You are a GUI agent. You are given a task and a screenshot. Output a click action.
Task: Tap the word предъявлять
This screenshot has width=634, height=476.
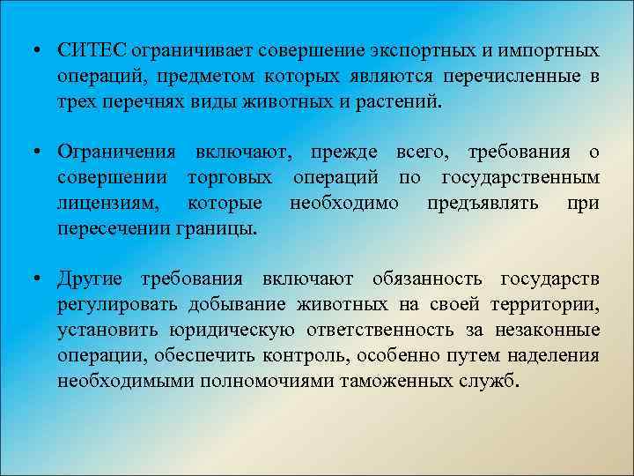pyautogui.click(x=476, y=204)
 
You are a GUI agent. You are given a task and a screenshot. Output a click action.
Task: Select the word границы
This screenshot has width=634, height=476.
pyautogui.click(x=225, y=228)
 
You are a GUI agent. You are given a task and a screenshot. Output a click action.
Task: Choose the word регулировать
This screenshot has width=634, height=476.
pyautogui.click(x=114, y=305)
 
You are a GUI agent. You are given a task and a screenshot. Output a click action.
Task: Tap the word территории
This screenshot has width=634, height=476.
pyautogui.click(x=550, y=305)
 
